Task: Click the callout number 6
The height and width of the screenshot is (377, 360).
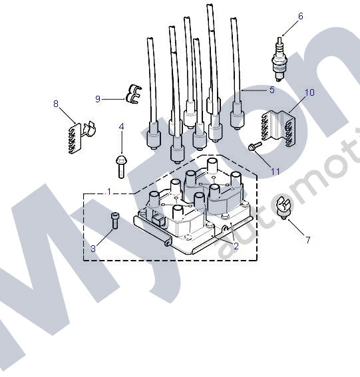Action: click(300, 16)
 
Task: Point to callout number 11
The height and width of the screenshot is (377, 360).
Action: click(275, 171)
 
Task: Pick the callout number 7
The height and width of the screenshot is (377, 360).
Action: click(307, 239)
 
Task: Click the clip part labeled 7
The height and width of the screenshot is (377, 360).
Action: click(285, 209)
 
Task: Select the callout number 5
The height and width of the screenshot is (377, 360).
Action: click(271, 89)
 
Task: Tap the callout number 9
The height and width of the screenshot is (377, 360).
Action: click(98, 99)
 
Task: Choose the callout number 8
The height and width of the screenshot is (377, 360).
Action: click(56, 103)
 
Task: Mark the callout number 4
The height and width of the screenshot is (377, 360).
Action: click(121, 126)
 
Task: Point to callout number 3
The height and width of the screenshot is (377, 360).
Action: click(92, 248)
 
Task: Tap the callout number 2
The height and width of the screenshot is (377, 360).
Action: click(236, 245)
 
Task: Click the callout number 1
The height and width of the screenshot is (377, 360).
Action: click(109, 191)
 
